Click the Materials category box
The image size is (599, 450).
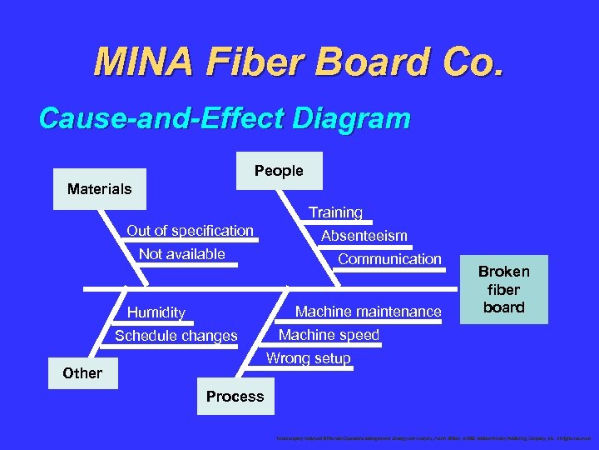99,189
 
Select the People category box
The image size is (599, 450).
279,171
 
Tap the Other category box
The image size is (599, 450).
82,372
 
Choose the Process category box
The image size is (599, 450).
235,397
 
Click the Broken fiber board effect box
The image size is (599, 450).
503,289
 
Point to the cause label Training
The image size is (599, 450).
335,212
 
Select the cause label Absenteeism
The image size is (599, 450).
364,236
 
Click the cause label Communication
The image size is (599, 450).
389,258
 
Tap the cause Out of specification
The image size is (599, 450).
190,230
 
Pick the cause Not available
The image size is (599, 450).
181,253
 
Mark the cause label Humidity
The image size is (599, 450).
156,312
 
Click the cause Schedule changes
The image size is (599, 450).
176,336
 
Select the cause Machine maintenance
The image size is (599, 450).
369,312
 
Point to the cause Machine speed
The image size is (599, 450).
329,335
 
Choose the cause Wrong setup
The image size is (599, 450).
308,358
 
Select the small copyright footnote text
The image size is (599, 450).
428,437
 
